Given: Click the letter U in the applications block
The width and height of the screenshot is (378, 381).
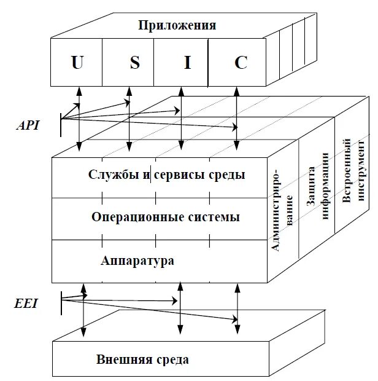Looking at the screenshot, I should pos(77,63).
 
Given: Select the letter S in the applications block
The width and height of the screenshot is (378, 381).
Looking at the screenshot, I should pos(134,63).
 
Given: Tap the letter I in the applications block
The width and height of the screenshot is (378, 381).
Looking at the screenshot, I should pos(183,63).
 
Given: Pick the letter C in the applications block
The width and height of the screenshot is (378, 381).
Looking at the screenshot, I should pos(241,63).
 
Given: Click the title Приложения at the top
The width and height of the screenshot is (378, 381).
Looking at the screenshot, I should pos(177,25).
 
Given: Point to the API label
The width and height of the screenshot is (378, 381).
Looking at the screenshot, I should pos(28,125).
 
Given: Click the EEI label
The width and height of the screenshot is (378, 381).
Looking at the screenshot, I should pos(27,303).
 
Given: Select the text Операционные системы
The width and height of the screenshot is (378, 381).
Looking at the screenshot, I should pos(165,217).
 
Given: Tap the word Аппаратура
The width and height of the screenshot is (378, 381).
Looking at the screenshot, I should pos(137,260).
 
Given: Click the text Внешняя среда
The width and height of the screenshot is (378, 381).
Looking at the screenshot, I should pos(142,359).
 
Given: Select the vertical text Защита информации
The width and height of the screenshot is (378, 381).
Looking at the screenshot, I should pos(317,194).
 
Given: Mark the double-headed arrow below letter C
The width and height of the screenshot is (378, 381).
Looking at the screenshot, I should pos(237,120).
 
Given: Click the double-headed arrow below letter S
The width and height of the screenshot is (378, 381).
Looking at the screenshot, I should pos(129,120).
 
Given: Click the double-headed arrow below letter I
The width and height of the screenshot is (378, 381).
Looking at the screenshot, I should pos(180,120).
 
